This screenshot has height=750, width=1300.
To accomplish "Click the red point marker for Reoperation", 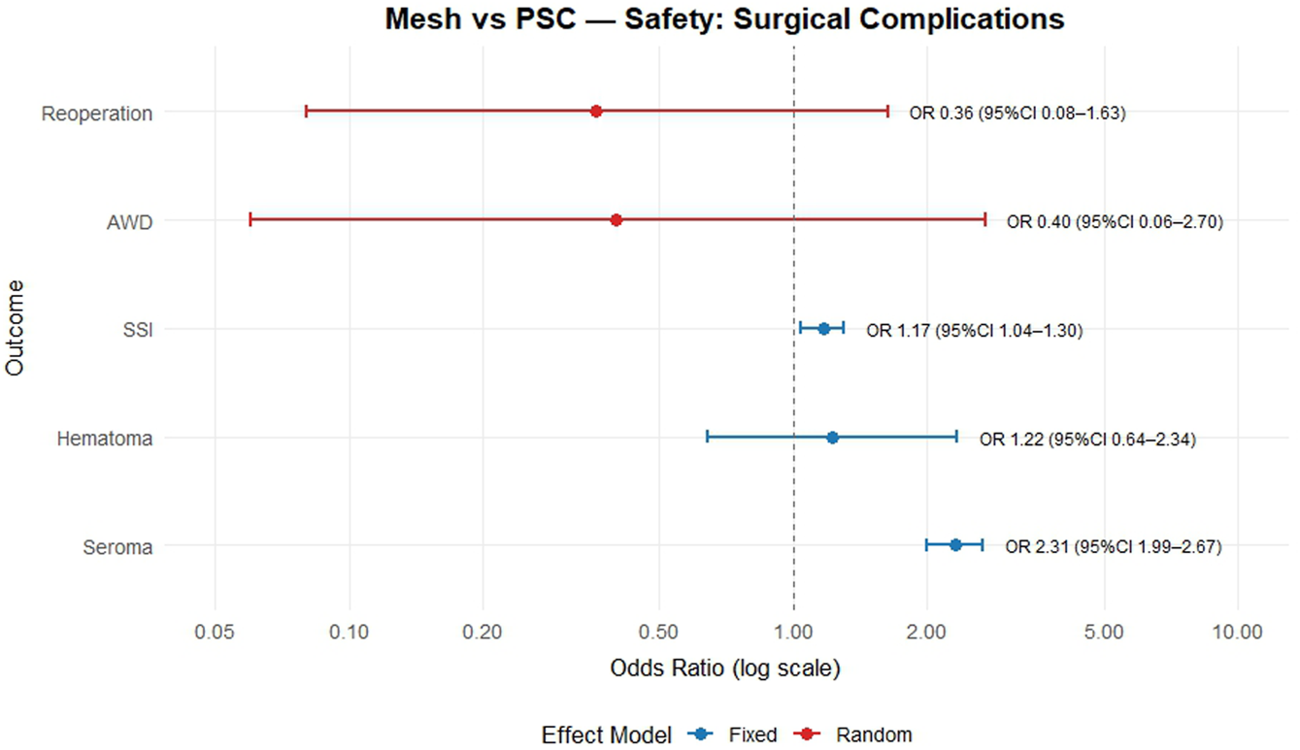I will (x=596, y=112).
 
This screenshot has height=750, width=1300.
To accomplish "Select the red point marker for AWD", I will (x=616, y=220).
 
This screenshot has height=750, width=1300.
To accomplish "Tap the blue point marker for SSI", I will (x=823, y=329).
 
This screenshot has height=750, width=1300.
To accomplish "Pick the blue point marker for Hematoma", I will (x=832, y=438).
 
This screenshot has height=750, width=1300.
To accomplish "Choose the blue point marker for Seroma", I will (x=955, y=545).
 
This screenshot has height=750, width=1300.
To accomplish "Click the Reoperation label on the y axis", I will (x=96, y=114).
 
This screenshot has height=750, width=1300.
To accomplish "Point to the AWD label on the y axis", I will (x=129, y=222).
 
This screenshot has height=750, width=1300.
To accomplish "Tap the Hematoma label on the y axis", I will (x=104, y=439).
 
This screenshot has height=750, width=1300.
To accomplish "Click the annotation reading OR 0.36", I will (x=1017, y=114).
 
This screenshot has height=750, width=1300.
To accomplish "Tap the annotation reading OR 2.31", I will (x=1113, y=547).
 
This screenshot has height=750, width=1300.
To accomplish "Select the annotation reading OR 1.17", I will (x=974, y=331).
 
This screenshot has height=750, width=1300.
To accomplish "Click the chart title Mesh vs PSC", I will (x=724, y=19).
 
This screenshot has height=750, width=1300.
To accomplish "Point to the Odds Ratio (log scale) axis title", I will (x=724, y=669).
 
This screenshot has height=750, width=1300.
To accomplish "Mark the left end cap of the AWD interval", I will (x=250, y=220).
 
